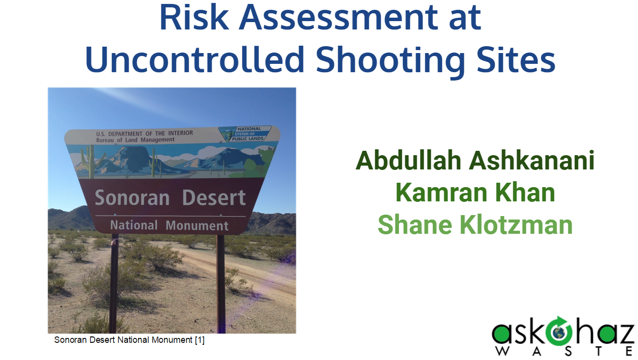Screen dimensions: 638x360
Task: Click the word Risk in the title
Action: pyautogui.click(x=194, y=17)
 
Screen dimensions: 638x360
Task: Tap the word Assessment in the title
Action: pyautogui.click(x=339, y=17)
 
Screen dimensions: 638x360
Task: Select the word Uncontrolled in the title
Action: pyautogui.click(x=195, y=59)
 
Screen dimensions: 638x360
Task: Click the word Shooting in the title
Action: pyautogui.click(x=391, y=61)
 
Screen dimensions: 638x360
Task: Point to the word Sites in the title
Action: pyautogui.click(x=516, y=59)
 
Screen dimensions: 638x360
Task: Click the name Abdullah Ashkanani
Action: pyautogui.click(x=475, y=161)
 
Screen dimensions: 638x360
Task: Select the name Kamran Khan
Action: pyautogui.click(x=475, y=193)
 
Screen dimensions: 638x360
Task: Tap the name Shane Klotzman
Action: pyautogui.click(x=475, y=224)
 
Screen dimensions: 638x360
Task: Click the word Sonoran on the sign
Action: pyautogui.click(x=132, y=197)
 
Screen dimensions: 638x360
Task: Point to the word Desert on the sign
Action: pyautogui.click(x=214, y=197)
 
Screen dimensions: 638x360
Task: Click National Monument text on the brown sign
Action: pyautogui.click(x=169, y=225)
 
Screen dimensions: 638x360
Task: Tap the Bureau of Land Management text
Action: pyautogui.click(x=135, y=140)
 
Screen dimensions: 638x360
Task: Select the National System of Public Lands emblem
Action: pyautogui.click(x=245, y=134)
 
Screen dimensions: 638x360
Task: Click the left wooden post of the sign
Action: pyautogui.click(x=114, y=283)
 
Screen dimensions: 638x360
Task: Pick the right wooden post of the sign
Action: pyautogui.click(x=221, y=284)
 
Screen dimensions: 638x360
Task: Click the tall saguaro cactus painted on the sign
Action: pyautogui.click(x=91, y=161)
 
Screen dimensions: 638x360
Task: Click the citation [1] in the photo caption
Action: pyautogui.click(x=200, y=340)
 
